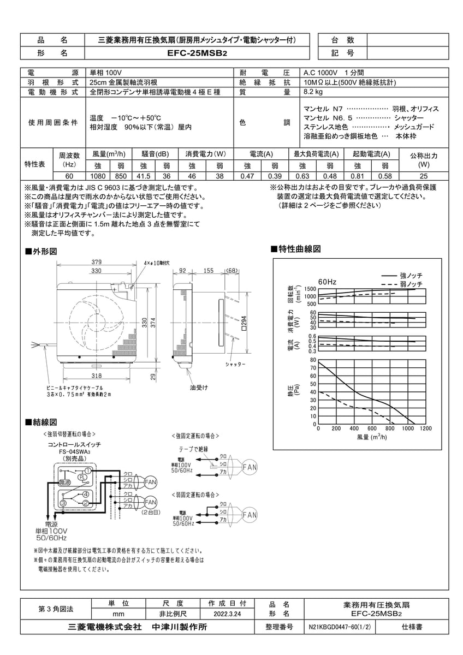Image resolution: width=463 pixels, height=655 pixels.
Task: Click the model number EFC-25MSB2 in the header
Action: pyautogui.click(x=197, y=53)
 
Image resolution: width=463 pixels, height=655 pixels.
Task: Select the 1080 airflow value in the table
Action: pyautogui.click(x=98, y=176)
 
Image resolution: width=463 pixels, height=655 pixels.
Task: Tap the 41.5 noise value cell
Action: pyautogui.click(x=143, y=176)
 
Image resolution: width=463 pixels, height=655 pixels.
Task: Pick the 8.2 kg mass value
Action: pyautogui.click(x=312, y=92)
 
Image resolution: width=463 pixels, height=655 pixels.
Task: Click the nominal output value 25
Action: pyautogui.click(x=424, y=176)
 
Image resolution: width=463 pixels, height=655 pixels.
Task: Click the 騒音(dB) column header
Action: pyautogui.click(x=155, y=154)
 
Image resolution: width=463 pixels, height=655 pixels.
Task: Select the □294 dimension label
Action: pyautogui.click(x=245, y=324)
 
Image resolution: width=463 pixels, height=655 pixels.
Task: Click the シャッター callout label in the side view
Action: pyautogui.click(x=235, y=364)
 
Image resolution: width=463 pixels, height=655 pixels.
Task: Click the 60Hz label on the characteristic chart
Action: pyautogui.click(x=327, y=281)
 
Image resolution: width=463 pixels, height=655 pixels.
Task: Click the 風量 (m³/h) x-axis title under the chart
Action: pyautogui.click(x=371, y=437)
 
